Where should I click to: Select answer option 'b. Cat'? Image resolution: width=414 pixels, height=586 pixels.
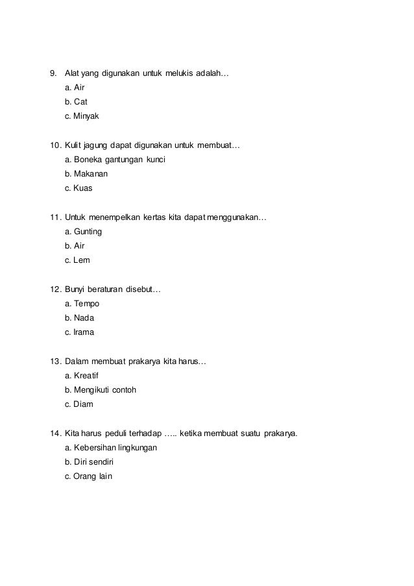[x=76, y=102]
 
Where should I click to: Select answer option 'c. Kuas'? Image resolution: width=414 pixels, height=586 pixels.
[x=79, y=189]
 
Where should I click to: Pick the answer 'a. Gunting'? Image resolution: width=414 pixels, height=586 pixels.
[x=84, y=231]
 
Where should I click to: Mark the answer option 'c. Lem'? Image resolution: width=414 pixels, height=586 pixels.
[x=77, y=261]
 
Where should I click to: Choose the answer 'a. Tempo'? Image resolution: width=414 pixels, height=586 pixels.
[x=82, y=303]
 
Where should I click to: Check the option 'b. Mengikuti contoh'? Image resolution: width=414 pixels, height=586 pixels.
[x=101, y=390]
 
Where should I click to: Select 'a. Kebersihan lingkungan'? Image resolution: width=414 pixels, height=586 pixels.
[x=111, y=447]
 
